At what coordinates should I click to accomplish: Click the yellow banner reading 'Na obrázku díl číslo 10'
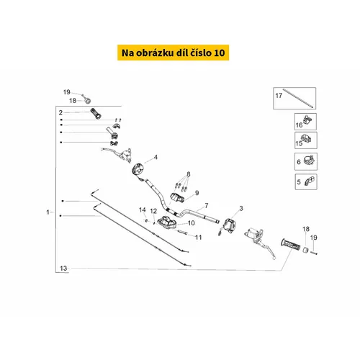[x=173, y=53]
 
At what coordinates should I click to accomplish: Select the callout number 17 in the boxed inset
[x=279, y=96]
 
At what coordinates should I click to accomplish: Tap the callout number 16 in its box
[x=299, y=125]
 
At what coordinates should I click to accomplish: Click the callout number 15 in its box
[x=299, y=143]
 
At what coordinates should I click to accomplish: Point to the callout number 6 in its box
[x=299, y=162]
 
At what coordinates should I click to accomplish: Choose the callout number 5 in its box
[x=299, y=182]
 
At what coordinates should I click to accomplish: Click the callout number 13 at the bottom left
[x=63, y=269]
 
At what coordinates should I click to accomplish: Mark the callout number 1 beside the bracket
[x=48, y=212]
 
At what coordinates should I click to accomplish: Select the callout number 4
[x=156, y=157]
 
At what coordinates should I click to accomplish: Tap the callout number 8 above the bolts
[x=189, y=174]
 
